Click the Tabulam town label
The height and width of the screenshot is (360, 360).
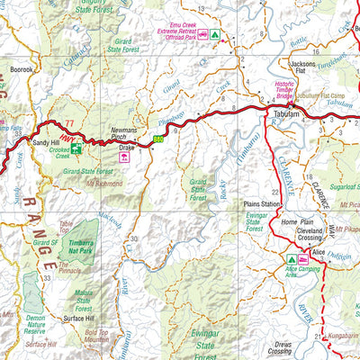pyautogui.click(x=285, y=127)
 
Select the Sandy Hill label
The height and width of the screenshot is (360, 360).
pyautogui.click(x=47, y=143)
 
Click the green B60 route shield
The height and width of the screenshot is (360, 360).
pyautogui.click(x=158, y=139)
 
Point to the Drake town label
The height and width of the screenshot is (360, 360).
pyautogui.click(x=126, y=146)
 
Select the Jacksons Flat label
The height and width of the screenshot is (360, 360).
pyautogui.click(x=303, y=69)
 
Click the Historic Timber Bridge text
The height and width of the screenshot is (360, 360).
pyautogui.click(x=290, y=91)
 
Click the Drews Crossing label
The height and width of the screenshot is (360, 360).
pyautogui.click(x=284, y=347)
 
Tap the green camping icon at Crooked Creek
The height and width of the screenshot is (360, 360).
pyautogui.click(x=78, y=149)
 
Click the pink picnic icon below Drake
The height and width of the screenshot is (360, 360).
pyautogui.click(x=125, y=157)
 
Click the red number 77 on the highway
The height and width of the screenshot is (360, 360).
pyautogui.click(x=69, y=122)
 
